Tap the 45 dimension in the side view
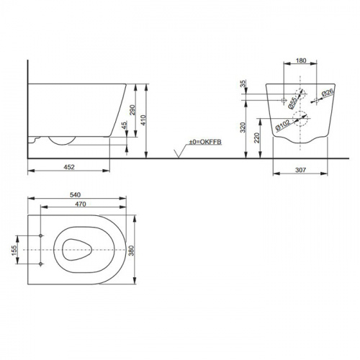124,128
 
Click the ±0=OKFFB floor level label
204,143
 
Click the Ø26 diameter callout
327,93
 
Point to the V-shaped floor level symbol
176,153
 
